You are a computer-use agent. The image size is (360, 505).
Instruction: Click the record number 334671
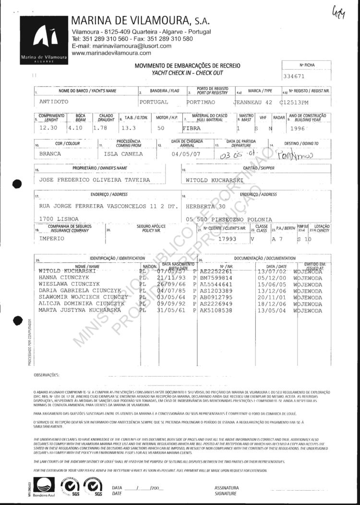coord(295,76)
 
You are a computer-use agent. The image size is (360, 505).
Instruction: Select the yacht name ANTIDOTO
coord(54,102)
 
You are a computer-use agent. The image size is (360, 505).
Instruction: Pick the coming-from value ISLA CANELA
coord(123,154)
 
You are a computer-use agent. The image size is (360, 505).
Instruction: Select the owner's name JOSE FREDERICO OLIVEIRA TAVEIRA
coord(94,180)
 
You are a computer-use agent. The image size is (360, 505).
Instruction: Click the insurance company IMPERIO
coord(52,238)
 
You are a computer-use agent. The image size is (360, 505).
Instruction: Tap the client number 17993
coord(228,238)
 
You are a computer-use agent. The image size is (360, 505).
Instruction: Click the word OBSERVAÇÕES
coord(46,374)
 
